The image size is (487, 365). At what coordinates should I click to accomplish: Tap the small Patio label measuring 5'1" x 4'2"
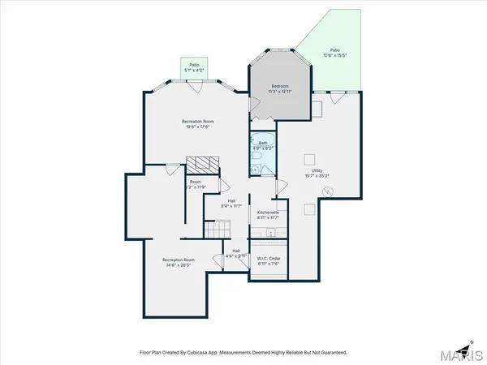(x=195, y=66)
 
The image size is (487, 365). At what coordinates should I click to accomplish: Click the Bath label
(x=263, y=143)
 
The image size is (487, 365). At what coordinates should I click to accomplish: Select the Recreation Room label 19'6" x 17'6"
(x=196, y=122)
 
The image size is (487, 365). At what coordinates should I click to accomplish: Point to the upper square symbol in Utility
(x=309, y=159)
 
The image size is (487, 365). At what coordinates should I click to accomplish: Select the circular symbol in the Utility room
(x=327, y=192)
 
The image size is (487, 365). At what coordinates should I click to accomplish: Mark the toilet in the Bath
(x=256, y=170)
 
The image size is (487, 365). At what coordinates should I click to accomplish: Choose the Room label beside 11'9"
(x=195, y=182)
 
